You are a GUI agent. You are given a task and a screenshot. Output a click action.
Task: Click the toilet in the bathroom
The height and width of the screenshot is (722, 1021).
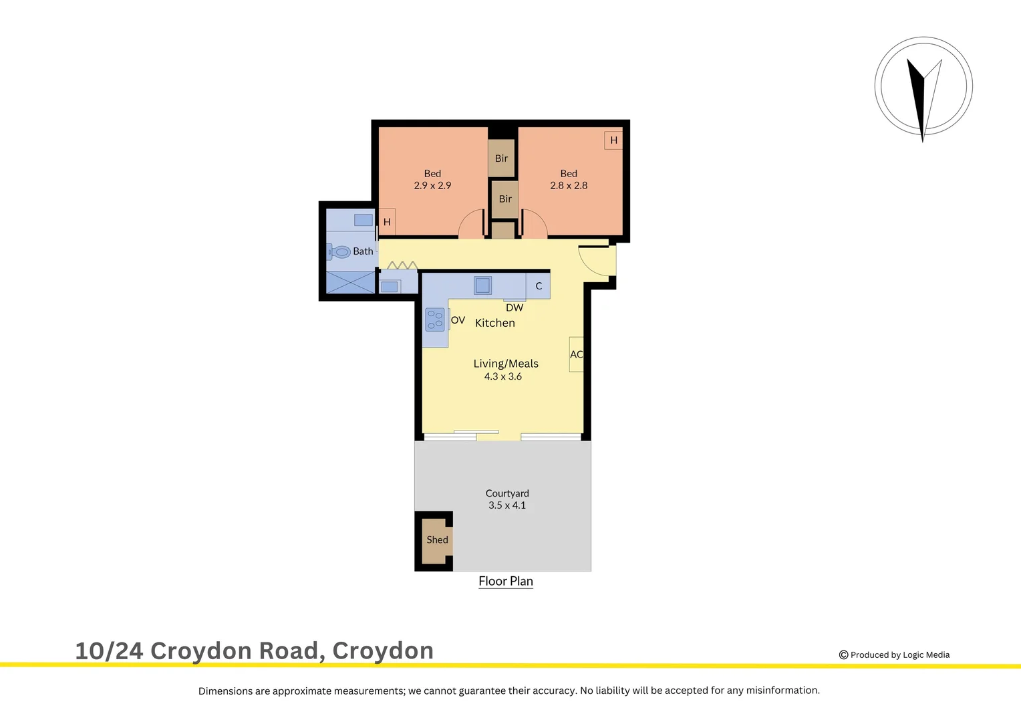pos(341,252)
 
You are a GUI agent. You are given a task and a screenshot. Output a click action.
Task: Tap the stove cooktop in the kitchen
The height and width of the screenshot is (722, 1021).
pos(435,320)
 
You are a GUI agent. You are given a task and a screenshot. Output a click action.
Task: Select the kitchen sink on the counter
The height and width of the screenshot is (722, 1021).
pos(482,285)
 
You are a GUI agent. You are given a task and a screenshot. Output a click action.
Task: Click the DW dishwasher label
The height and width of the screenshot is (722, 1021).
pos(515,308)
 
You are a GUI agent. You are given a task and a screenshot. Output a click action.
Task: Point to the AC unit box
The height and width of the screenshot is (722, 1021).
pos(576,354)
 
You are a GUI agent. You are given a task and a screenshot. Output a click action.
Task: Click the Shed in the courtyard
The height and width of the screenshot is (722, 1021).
pos(437,540)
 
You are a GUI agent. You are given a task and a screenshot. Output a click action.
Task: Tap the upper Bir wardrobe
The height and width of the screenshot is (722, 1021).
pos(501,158)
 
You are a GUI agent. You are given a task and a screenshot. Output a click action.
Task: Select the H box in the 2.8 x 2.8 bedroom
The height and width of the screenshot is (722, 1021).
pos(613,140)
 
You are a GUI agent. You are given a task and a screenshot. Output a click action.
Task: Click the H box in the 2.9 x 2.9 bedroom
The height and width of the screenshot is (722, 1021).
pos(387,222)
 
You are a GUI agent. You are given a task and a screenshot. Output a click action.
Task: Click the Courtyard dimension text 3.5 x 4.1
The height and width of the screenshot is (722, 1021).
pos(507,505)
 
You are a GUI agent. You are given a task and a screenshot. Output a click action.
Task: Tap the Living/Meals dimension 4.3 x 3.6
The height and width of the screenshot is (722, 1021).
pos(503,376)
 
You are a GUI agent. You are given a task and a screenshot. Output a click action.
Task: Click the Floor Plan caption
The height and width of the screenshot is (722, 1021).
pos(506,582)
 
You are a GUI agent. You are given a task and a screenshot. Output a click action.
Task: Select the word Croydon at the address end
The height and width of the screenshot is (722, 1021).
pos(383,650)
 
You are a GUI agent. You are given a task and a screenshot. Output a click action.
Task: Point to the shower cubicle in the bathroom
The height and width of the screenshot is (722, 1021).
pos(350,282)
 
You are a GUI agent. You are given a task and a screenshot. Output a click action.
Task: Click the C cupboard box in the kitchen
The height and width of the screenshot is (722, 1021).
pos(539,286)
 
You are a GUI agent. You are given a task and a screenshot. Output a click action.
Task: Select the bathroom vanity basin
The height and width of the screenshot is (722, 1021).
pos(363,220)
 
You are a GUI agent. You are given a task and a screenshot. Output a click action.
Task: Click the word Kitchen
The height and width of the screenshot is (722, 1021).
pos(494,323)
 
